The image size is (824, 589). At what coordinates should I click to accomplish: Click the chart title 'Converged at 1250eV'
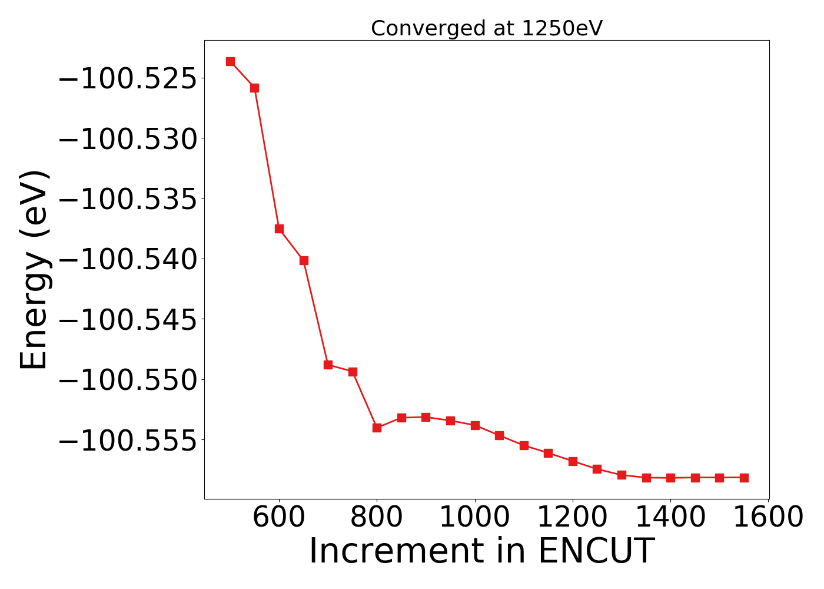(x=487, y=28)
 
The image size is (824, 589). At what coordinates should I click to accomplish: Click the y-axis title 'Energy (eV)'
(x=34, y=270)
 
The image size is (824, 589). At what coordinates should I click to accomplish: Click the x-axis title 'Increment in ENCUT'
(x=481, y=551)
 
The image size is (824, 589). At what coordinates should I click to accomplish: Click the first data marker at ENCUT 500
(x=230, y=61)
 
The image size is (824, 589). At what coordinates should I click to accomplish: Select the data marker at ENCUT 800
(x=377, y=428)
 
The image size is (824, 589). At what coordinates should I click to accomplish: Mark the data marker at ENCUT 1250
(x=597, y=469)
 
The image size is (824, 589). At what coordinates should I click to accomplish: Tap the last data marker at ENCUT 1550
(x=744, y=478)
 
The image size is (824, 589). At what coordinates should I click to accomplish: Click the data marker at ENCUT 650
(x=304, y=260)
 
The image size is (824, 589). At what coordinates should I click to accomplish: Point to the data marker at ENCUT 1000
(x=475, y=425)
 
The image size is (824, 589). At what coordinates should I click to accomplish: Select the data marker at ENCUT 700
(x=328, y=365)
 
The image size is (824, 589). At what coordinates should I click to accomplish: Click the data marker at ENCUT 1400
(x=670, y=478)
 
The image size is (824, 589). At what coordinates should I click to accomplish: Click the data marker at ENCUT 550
(x=254, y=88)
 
